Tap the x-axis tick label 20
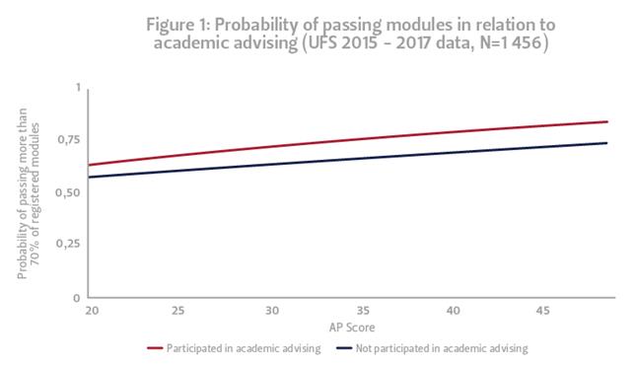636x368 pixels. point(90,311)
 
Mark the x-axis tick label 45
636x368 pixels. point(542,311)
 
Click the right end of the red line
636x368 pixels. point(606,121)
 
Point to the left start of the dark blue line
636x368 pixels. point(90,177)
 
